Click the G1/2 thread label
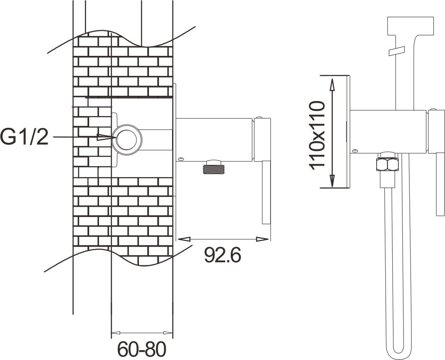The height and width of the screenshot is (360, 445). pyautogui.click(x=24, y=137)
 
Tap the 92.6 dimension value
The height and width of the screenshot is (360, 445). pyautogui.click(x=222, y=255)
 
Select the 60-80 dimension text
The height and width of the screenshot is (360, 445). pyautogui.click(x=142, y=349)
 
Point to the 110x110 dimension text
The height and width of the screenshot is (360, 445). pyautogui.click(x=317, y=135)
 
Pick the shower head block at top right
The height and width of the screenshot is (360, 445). pyautogui.click(x=410, y=26)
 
